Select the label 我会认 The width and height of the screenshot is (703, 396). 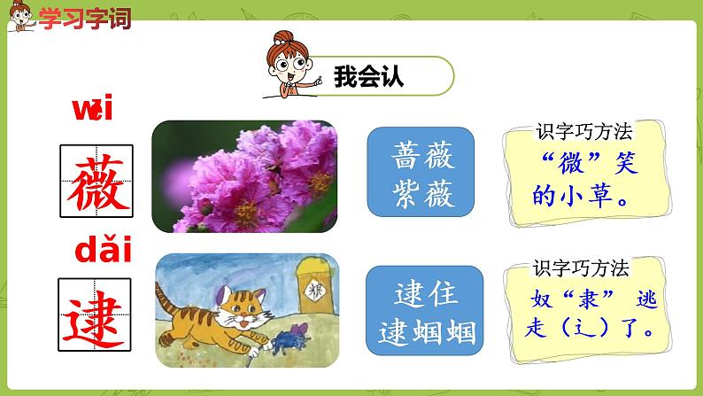369,77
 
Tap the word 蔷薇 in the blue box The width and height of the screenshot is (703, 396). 421,157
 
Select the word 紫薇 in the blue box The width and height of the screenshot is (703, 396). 421,189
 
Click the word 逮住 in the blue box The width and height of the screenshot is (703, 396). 421,297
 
